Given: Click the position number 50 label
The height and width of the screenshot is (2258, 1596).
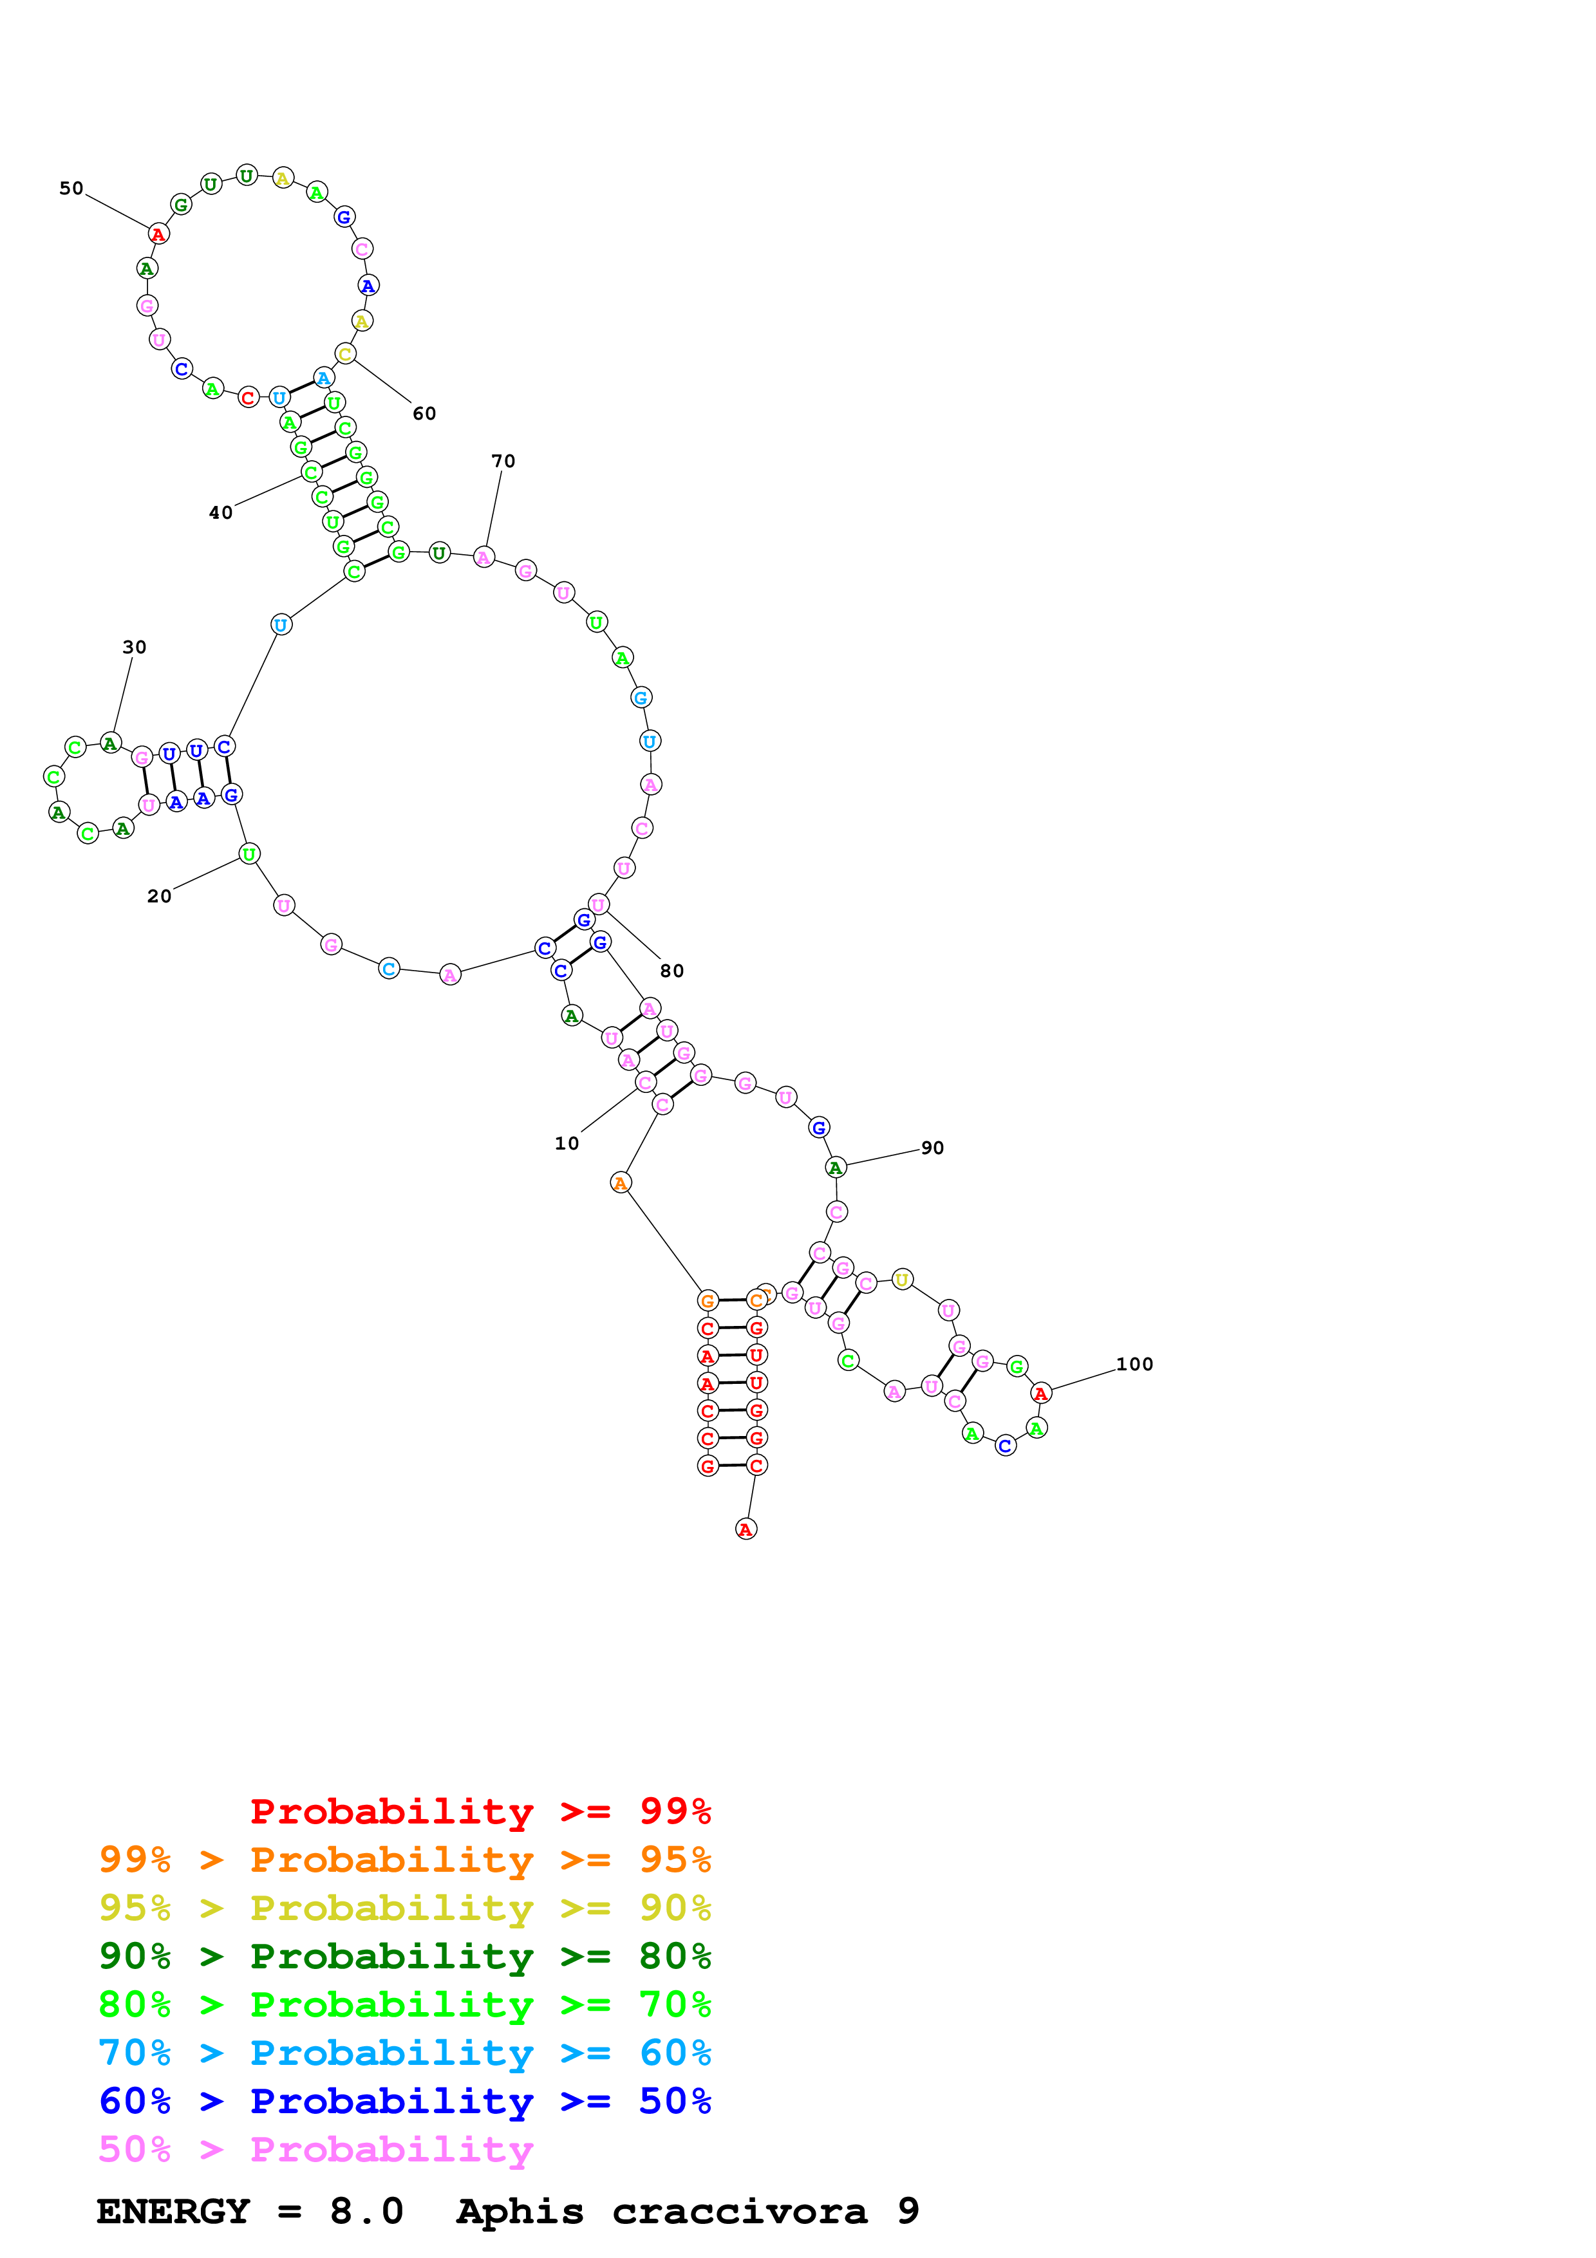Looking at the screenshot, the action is click(x=71, y=188).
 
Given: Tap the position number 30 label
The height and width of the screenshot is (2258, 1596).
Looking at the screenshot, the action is click(x=134, y=647).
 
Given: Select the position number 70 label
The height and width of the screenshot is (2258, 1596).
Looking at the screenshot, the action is click(x=503, y=462).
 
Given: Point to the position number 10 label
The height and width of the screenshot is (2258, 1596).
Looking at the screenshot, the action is click(x=567, y=1143).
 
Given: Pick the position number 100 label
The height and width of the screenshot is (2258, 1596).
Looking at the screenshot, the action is click(x=1134, y=1364).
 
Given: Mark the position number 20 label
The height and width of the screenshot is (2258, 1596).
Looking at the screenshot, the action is click(x=159, y=896).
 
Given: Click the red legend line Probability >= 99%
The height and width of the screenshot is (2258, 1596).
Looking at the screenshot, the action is click(x=480, y=1811).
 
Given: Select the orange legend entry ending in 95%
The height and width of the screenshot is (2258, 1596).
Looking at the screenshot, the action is click(x=404, y=1860).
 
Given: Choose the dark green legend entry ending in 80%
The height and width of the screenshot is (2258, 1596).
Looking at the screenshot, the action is click(x=404, y=1956).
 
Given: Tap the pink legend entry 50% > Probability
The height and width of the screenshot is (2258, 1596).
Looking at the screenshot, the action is click(x=315, y=2149).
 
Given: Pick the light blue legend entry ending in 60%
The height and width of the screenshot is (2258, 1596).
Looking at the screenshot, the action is click(x=404, y=2053).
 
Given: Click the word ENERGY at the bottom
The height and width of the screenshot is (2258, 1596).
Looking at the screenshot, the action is click(x=173, y=2211).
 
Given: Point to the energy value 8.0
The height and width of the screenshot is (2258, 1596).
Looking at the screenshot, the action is click(x=366, y=2211).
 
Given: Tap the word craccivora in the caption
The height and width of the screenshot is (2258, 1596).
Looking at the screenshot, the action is click(x=740, y=2211).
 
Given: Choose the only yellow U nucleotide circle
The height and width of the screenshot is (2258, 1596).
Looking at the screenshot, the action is click(x=902, y=1280).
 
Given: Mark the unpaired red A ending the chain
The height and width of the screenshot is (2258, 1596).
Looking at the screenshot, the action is click(x=746, y=1529).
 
